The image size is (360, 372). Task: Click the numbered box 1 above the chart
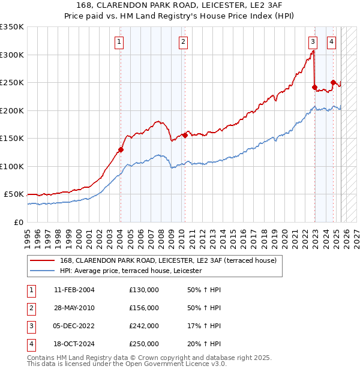(x=120, y=42)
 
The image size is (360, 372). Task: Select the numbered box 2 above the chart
(x=182, y=42)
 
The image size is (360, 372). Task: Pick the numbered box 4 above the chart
(x=331, y=42)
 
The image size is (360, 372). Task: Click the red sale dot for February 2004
(x=121, y=150)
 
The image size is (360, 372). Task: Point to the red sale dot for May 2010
(x=185, y=135)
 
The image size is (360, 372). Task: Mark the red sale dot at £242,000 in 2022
(x=314, y=87)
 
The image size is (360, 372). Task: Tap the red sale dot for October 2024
(x=333, y=83)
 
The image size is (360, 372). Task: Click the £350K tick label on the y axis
(x=12, y=27)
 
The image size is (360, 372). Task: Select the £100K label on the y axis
(x=12, y=166)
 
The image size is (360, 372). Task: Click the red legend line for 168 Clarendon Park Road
(x=42, y=260)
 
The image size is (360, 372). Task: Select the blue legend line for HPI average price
(x=42, y=271)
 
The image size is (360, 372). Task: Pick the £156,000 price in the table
(x=143, y=308)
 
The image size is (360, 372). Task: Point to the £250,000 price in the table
(x=143, y=344)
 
